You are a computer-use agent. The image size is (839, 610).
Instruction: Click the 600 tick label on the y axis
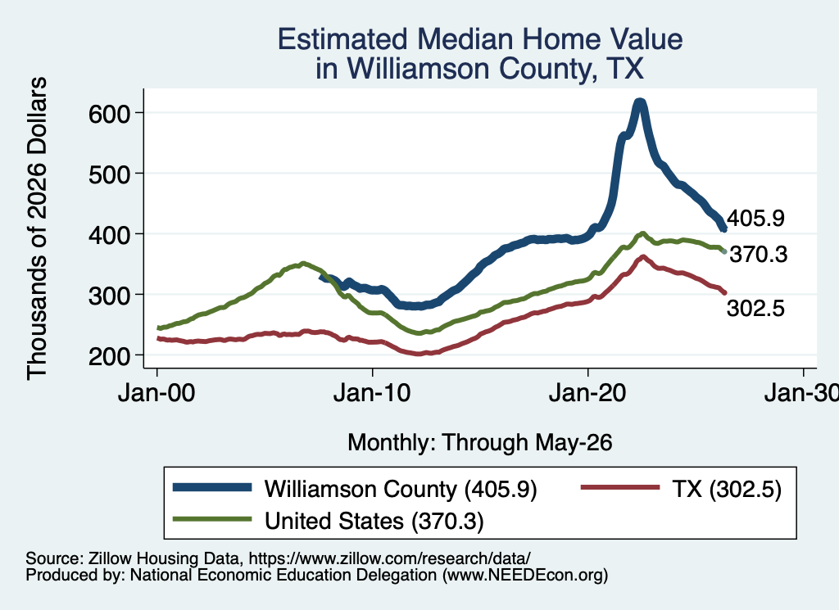point(109,113)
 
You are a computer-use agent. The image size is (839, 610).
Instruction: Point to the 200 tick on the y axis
point(109,356)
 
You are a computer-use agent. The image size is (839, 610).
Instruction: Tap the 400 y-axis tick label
point(109,235)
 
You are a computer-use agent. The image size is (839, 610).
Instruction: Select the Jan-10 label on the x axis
point(372,393)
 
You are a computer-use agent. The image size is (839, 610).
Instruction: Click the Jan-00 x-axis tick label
point(156,393)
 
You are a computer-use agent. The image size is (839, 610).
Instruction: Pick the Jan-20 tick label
point(587,393)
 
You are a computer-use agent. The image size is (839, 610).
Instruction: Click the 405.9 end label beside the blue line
point(755,218)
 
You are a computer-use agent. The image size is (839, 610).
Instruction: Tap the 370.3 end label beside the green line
point(759,255)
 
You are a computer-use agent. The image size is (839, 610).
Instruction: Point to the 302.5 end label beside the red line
point(755,309)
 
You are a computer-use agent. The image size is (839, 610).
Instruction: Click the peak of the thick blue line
point(639,102)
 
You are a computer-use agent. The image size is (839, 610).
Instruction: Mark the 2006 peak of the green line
point(303,263)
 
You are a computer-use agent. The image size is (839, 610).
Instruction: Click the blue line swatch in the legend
point(212,487)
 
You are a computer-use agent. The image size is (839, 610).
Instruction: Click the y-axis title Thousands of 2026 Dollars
point(36,228)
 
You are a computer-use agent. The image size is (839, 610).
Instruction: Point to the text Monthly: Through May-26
point(480,443)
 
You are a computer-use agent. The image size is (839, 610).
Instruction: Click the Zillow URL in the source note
point(389,558)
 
